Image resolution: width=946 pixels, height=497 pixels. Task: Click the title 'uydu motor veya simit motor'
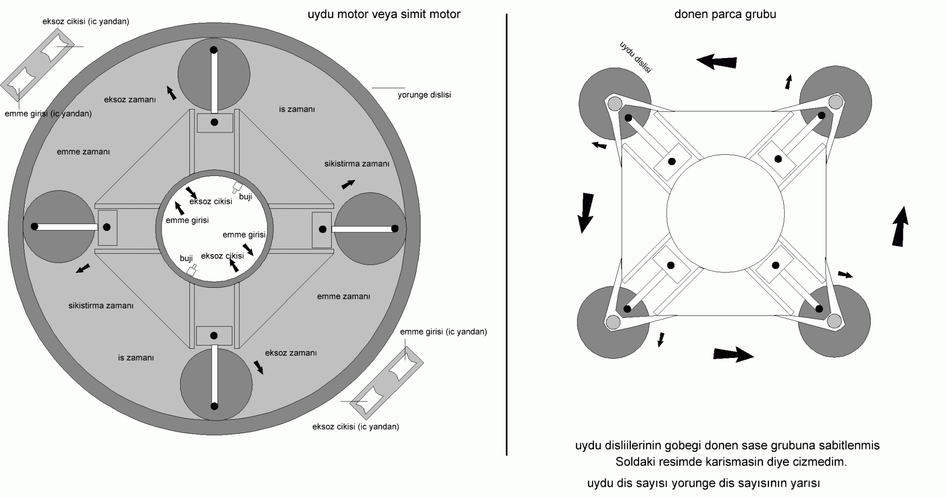[x=384, y=14]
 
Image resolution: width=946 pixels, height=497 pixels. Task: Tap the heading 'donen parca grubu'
[x=725, y=14]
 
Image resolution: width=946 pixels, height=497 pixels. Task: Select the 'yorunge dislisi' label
[x=424, y=95]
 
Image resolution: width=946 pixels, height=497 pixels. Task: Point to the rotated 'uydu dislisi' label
[x=635, y=57]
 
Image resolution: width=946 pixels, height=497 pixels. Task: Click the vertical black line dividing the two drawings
[x=507, y=235]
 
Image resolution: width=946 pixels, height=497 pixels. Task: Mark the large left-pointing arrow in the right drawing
[x=716, y=61]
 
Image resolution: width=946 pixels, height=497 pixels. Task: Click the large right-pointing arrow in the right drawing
[x=734, y=354]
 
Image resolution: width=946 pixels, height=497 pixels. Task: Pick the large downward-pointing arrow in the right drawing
[x=586, y=213]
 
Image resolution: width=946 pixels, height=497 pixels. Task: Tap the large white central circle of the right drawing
[x=725, y=213]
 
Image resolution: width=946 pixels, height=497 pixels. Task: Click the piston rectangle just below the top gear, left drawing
[x=215, y=123]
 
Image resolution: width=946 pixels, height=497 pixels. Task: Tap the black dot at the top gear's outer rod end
[x=213, y=50]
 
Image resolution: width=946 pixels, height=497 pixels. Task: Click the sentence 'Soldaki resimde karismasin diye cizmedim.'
[x=731, y=462]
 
